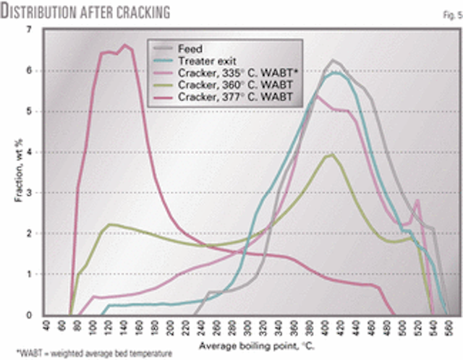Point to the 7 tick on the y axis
click(x=29, y=30)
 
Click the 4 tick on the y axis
click(x=29, y=152)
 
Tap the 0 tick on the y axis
click(x=29, y=315)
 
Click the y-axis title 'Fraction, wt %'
click(x=14, y=173)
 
